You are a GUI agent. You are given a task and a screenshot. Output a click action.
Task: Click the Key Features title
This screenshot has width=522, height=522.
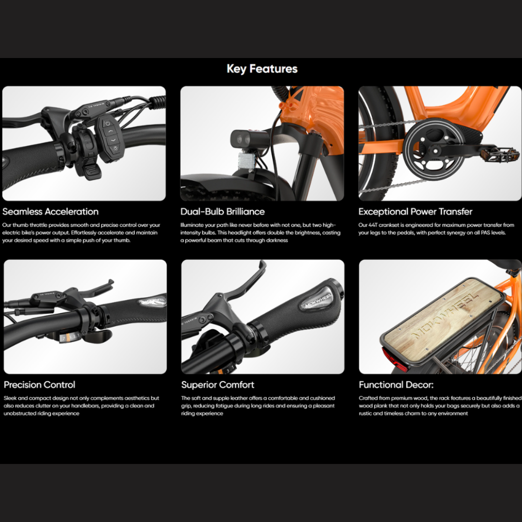262,69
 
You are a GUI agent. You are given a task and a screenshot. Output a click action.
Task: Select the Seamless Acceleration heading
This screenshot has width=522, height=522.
50,211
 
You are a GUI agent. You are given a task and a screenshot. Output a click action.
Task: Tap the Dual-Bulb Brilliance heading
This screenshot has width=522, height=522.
222,211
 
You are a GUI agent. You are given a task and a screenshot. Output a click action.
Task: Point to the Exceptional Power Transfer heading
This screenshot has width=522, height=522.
415,211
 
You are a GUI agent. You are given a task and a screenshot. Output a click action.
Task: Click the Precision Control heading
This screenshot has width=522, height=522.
39,385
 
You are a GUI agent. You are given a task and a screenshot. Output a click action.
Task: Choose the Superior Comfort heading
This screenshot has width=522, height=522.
217,385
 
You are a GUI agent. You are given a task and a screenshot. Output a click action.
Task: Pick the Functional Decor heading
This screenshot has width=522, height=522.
396,385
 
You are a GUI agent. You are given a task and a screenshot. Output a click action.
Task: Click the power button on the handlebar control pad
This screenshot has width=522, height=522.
107,124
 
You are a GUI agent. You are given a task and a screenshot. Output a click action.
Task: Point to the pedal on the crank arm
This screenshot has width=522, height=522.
499,155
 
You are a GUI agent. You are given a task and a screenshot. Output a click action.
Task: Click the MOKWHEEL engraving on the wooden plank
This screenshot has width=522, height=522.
445,317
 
